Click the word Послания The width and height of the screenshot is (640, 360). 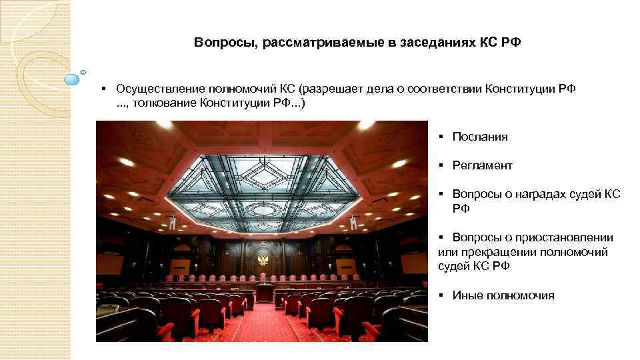click(x=480, y=137)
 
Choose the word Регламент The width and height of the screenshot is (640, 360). click(x=482, y=165)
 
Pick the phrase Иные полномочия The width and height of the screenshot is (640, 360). click(x=503, y=295)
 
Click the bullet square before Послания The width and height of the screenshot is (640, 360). click(x=441, y=137)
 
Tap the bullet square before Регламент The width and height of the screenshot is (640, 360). click(x=441, y=165)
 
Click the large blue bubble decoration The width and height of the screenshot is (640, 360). click(x=72, y=80)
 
